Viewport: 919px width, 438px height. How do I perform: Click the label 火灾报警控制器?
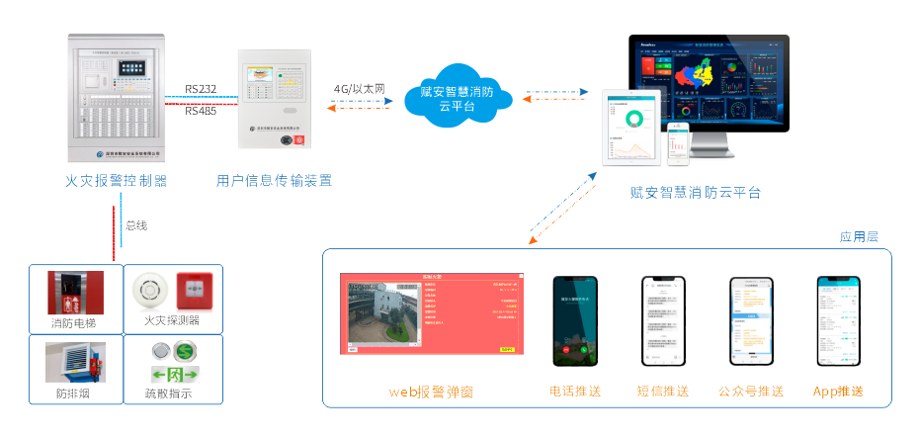pyautogui.click(x=116, y=181)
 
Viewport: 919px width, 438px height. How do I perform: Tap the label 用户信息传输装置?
pyautogui.click(x=274, y=181)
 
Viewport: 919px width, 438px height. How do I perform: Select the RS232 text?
pyautogui.click(x=201, y=89)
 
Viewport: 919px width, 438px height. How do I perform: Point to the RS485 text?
pyautogui.click(x=201, y=111)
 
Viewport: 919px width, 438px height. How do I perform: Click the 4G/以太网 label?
pyautogui.click(x=359, y=89)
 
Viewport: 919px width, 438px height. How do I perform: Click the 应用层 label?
pyautogui.click(x=858, y=237)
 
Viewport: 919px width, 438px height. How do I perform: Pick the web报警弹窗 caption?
pyautogui.click(x=431, y=393)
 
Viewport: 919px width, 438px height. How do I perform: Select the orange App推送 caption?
pyautogui.click(x=838, y=392)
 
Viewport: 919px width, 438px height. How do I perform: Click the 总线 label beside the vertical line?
pyautogui.click(x=136, y=225)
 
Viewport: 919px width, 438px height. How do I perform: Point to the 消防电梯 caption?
pyautogui.click(x=76, y=322)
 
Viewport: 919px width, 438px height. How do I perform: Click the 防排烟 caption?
pyautogui.click(x=75, y=394)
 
